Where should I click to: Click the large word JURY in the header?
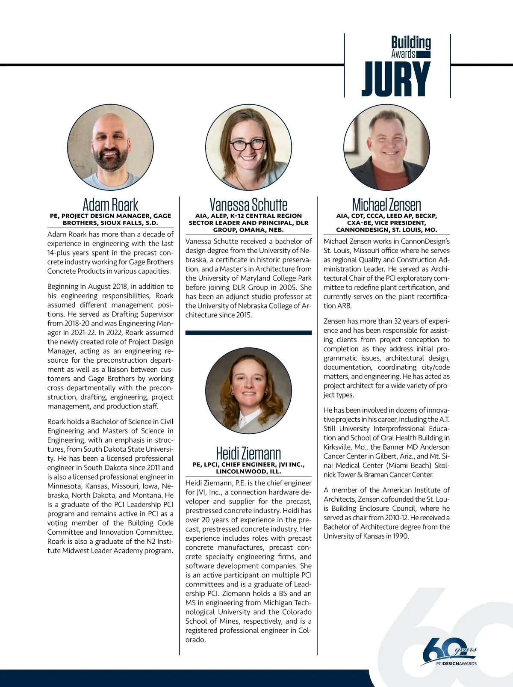tap(396, 79)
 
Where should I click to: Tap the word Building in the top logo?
tap(411, 43)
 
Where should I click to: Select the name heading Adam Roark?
tap(110, 204)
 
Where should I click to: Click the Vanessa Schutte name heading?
tap(248, 204)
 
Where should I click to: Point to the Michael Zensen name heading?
tap(386, 204)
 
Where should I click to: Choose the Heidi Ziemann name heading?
tap(248, 453)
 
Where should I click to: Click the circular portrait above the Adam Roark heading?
tap(110, 147)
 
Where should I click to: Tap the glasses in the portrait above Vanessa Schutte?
tap(248, 144)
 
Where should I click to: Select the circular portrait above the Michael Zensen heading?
tap(386, 147)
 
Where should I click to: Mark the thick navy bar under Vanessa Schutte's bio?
tap(248, 332)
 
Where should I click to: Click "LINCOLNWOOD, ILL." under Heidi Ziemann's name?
tap(248, 471)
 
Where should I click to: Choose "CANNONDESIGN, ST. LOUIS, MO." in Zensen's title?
tap(386, 230)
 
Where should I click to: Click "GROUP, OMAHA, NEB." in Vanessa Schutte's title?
tap(248, 230)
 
